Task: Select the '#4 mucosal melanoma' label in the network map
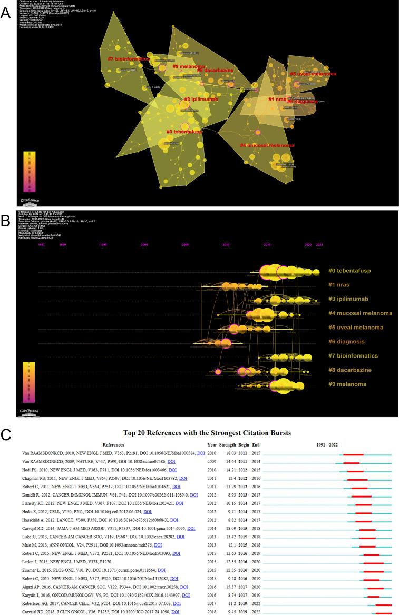tap(267, 145)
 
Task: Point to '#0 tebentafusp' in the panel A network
tap(189, 132)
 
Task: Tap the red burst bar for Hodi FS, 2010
tap(355, 471)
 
